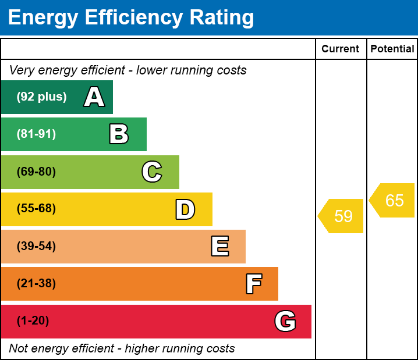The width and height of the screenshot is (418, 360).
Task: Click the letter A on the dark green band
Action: point(94,97)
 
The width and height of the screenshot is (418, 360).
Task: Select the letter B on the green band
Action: point(119,134)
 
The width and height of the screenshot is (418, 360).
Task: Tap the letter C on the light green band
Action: point(152,172)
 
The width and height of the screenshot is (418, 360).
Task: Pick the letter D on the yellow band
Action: point(185,209)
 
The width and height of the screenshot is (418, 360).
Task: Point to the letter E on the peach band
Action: point(219,247)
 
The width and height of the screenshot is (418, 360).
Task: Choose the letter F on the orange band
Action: point(253,284)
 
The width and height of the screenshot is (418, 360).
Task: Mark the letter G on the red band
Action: point(285,321)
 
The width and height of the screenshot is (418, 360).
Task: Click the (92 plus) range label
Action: point(41,97)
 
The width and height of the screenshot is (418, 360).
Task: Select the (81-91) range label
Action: point(36,134)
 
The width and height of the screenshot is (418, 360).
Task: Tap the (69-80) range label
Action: point(36,172)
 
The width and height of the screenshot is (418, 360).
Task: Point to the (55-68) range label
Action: point(36,209)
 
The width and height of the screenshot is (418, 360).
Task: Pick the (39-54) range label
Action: point(36,247)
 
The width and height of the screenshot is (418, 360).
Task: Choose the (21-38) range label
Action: point(36,284)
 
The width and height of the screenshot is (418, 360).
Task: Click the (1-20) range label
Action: point(33,321)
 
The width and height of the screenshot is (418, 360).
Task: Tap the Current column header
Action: point(341,49)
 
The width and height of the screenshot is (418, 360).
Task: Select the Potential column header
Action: point(392,49)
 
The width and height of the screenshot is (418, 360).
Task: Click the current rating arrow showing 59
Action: point(342,216)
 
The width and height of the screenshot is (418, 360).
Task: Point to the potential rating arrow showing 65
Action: point(393,201)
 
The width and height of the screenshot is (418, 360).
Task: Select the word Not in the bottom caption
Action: point(18,349)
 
